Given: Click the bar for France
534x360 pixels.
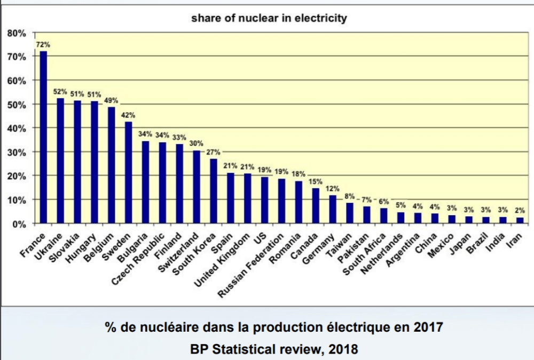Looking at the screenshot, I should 43,137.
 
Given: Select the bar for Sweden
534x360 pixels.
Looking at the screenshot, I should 129,173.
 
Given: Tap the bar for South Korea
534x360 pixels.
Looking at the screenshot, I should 214,191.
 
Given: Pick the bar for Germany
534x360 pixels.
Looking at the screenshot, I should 333,209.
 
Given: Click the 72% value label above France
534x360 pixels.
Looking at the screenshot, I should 43,44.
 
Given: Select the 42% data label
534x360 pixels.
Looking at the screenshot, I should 129,114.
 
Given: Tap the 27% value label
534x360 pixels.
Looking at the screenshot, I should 214,152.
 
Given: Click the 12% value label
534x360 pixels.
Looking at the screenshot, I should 333,188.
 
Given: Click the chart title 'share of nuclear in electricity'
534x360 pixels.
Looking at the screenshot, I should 269,18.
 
